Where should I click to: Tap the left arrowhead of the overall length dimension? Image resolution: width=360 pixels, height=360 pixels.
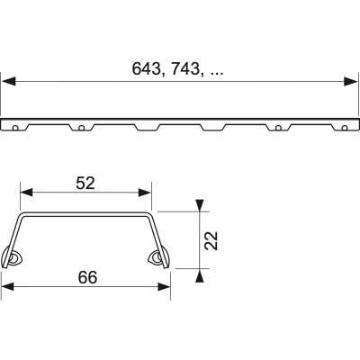click(x=7, y=82)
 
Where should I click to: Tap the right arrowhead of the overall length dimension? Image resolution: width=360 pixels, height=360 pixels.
click(x=352, y=82)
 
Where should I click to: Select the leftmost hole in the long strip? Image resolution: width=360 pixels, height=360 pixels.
click(x=15, y=126)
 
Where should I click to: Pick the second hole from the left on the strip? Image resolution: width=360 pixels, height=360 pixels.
click(x=81, y=127)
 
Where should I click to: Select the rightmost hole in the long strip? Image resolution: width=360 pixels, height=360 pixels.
click(x=344, y=126)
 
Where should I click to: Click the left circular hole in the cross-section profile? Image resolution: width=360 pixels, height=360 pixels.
click(x=18, y=258)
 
